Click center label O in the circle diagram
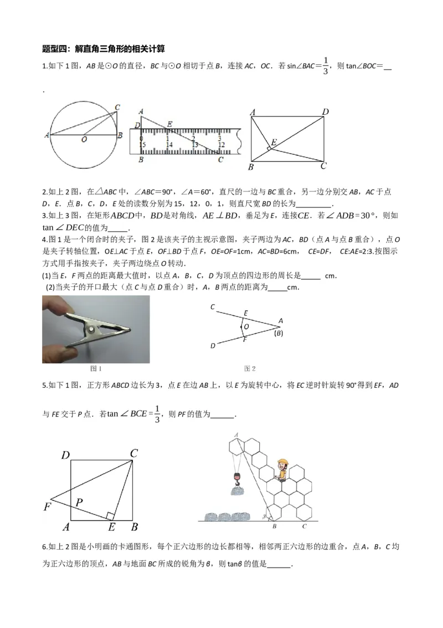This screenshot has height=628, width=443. pyautogui.click(x=84, y=140)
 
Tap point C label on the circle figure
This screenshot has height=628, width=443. pyautogui.click(x=117, y=107)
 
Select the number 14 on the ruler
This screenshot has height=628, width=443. pyautogui.click(x=169, y=145)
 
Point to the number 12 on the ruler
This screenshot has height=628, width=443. pyautogui.click(x=221, y=145)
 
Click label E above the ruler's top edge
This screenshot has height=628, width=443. pyautogui.click(x=169, y=124)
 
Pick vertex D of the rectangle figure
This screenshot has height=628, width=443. pyautogui.click(x=326, y=112)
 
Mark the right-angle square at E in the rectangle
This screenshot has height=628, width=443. pyautogui.click(x=269, y=149)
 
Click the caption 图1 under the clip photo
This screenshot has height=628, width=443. pyautogui.click(x=96, y=368)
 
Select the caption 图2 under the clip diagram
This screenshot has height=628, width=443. pyautogui.click(x=250, y=368)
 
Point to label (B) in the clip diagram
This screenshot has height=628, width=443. pyautogui.click(x=279, y=333)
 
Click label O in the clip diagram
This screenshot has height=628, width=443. pyautogui.click(x=246, y=327)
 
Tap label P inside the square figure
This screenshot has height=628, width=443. pyautogui.click(x=79, y=503)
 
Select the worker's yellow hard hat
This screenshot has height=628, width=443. pyautogui.click(x=284, y=462)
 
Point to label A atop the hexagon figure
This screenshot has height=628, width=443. pyautogui.click(x=236, y=434)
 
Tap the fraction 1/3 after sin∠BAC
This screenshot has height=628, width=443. pyautogui.click(x=326, y=65)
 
